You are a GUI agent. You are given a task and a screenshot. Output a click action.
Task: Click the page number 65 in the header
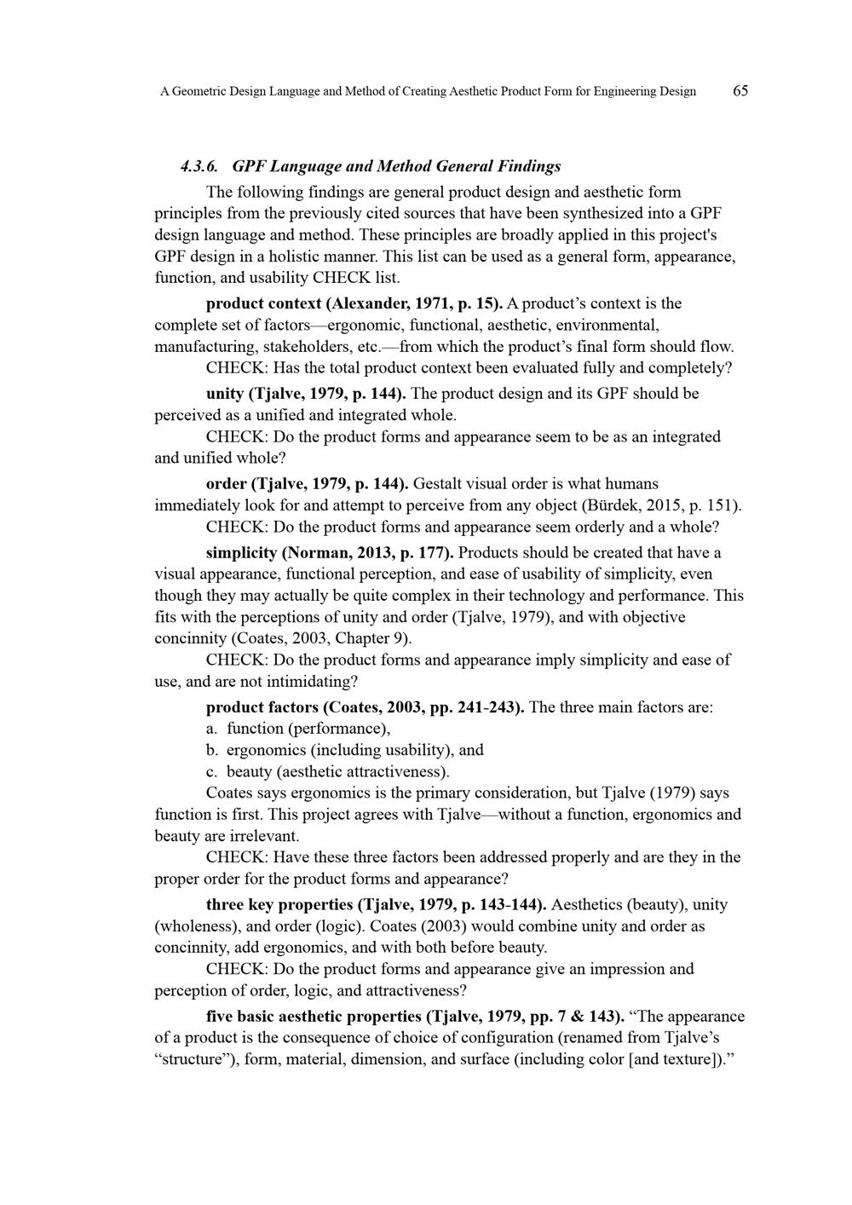pos(740,91)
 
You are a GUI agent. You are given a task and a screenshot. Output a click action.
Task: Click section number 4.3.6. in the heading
pos(200,166)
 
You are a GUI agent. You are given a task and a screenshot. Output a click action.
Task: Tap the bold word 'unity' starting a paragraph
pos(225,394)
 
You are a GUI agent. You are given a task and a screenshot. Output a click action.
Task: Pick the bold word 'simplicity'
pos(242,552)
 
